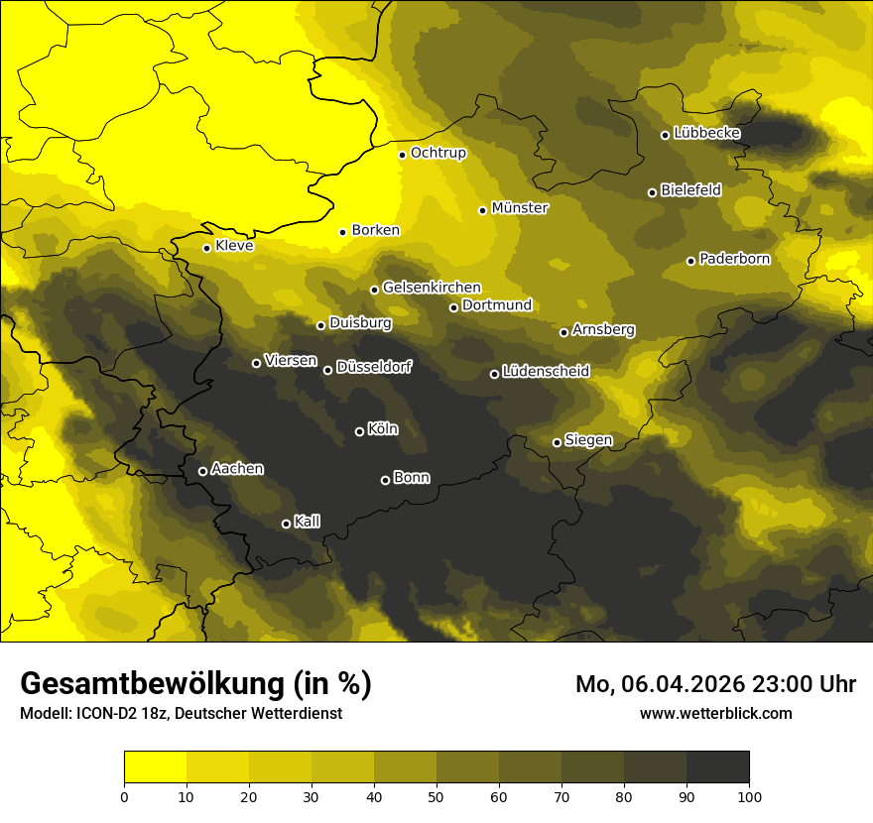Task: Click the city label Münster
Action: (520, 208)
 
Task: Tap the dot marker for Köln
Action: (359, 431)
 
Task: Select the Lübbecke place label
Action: (706, 133)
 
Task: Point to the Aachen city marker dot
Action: (202, 471)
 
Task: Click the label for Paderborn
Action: (734, 259)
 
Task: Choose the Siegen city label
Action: (588, 440)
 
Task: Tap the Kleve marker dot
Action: (206, 248)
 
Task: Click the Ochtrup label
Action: (437, 153)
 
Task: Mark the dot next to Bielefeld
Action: (652, 192)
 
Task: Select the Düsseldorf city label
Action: (373, 367)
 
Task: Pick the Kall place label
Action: (308, 522)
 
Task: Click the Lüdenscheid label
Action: (546, 372)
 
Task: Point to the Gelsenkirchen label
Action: (432, 288)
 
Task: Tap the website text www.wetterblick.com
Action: (715, 713)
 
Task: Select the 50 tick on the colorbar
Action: (436, 795)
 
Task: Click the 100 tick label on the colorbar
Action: (749, 795)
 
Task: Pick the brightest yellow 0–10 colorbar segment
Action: (155, 766)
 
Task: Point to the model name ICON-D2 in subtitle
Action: (103, 714)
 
